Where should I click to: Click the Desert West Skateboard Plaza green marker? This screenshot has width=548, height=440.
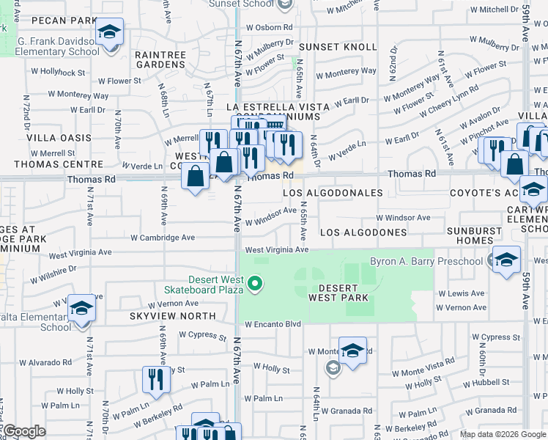(x=255, y=283)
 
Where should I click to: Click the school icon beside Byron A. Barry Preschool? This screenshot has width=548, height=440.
(x=506, y=260)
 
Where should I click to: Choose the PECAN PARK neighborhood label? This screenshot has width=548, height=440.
(x=65, y=19)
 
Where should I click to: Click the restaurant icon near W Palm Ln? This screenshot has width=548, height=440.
(x=155, y=378)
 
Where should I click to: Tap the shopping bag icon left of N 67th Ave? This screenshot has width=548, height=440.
(x=196, y=176)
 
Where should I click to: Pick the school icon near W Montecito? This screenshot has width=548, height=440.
(x=352, y=351)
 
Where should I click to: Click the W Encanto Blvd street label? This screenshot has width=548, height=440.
(x=273, y=324)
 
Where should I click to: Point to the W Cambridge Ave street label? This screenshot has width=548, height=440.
(x=163, y=238)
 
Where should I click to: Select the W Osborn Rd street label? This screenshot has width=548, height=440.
(x=269, y=27)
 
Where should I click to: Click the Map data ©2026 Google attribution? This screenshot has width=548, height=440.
(x=502, y=434)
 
